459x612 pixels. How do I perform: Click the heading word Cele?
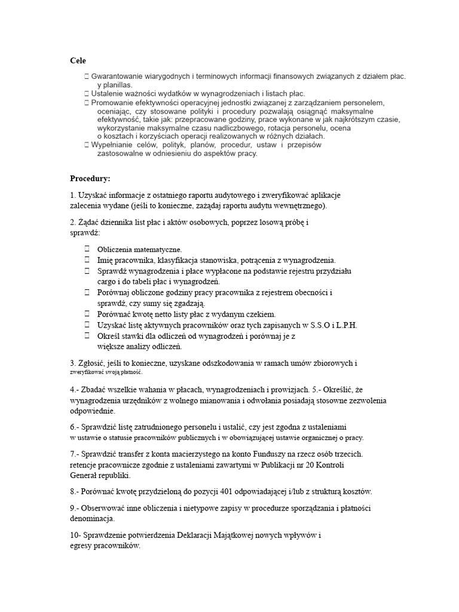pos(78,60)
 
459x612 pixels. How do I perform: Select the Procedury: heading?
pos(90,178)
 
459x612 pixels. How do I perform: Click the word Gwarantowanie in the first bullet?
pos(119,76)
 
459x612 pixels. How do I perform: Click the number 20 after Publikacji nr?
pos(284,464)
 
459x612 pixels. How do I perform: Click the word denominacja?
pos(92,519)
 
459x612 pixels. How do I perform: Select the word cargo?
pos(108,281)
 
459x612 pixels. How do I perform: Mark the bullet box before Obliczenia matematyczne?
pos(87,249)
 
